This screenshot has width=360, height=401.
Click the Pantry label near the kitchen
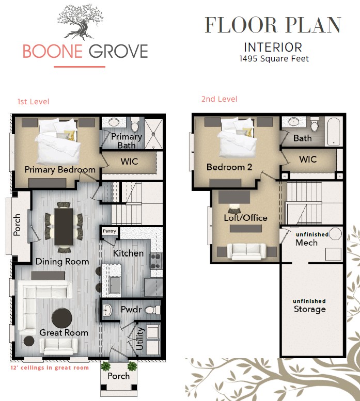pyautogui.click(x=109, y=231)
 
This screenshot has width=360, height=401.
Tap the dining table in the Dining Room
pyautogui.click(x=64, y=227)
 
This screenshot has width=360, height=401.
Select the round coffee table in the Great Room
pyautogui.click(x=61, y=318)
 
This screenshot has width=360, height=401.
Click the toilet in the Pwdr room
pyautogui.click(x=151, y=310)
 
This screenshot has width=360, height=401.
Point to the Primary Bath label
pyautogui.click(x=127, y=141)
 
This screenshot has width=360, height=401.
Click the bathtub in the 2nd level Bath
pyautogui.click(x=334, y=132)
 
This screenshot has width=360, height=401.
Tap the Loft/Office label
pyautogui.click(x=245, y=218)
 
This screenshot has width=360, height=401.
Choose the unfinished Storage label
pyautogui.click(x=309, y=306)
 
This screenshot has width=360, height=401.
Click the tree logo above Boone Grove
pyautogui.click(x=81, y=22)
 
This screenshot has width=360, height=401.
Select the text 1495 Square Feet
pyautogui.click(x=274, y=59)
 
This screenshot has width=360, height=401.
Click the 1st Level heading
pyautogui.click(x=33, y=102)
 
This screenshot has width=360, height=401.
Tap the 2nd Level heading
pyautogui.click(x=220, y=99)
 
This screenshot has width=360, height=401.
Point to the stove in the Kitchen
pyautogui.click(x=156, y=261)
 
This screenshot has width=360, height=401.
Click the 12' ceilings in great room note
pyautogui.click(x=50, y=368)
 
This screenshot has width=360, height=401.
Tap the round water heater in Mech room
pyautogui.click(x=335, y=233)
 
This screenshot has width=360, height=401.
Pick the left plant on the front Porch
pyautogui.click(x=106, y=366)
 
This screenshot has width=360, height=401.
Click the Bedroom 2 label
pyautogui.click(x=229, y=167)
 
